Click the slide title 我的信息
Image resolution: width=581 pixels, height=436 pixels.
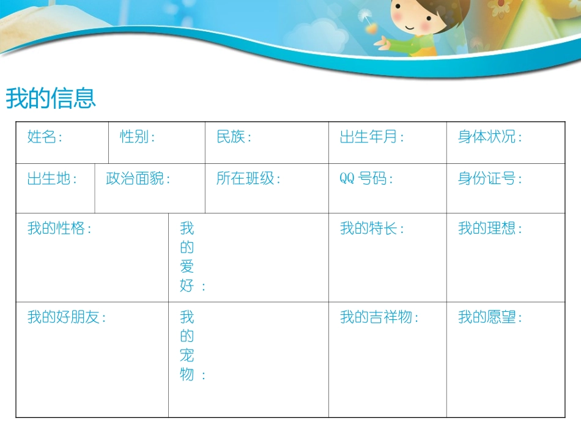point(51,98)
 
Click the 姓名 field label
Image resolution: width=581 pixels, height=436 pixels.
point(45,137)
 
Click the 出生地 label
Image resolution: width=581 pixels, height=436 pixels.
point(52,179)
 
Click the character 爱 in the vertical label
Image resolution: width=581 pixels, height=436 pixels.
point(187,267)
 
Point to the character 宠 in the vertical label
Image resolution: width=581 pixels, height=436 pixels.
point(187,355)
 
